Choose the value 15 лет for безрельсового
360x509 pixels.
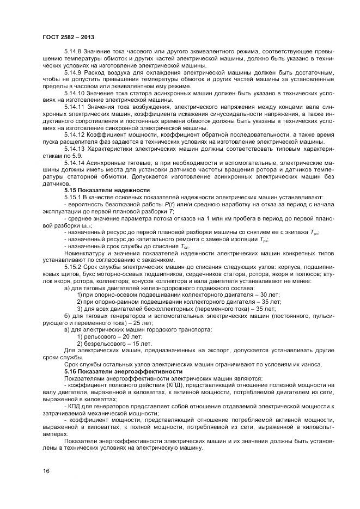tap(137, 344)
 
